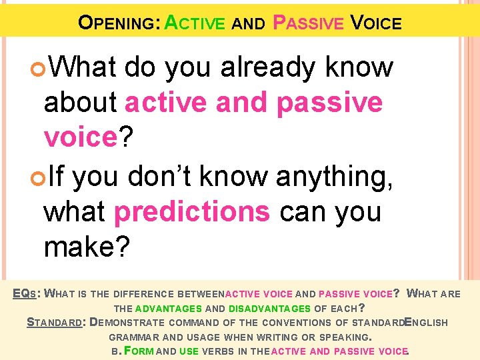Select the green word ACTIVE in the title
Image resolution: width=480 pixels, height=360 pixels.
coord(195,23)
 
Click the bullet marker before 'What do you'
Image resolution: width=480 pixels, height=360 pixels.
coord(37,67)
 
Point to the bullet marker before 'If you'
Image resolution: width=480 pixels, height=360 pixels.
coord(37,177)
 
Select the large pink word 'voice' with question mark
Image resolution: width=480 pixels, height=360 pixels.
coord(79,137)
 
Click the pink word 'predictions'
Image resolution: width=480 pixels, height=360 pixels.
coord(192,212)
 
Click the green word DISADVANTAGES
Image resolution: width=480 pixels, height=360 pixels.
coord(269,309)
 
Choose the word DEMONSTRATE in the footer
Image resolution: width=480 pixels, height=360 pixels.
coord(134,323)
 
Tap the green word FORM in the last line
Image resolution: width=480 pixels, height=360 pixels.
coord(136,351)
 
